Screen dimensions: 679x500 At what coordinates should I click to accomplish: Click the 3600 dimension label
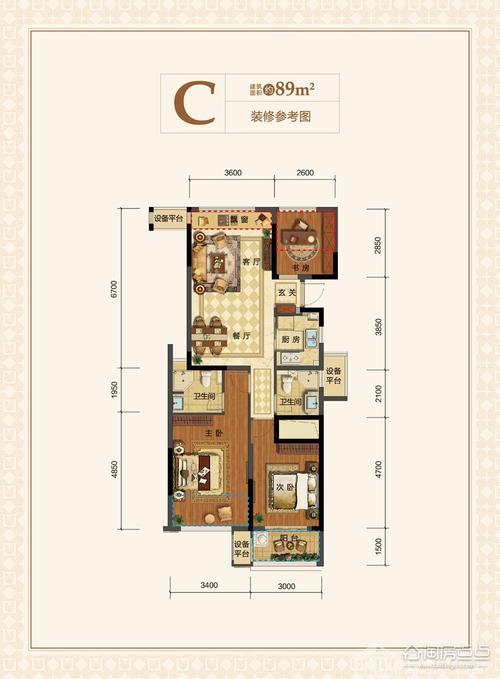(x=233, y=173)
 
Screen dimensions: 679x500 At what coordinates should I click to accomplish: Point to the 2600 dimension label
(x=305, y=173)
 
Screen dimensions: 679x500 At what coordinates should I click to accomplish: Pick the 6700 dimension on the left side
(x=117, y=291)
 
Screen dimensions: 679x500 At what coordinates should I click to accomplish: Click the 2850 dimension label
(x=379, y=247)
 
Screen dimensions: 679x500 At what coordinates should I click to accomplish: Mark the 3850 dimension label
(x=379, y=326)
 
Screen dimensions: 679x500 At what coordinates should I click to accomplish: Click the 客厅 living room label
(x=250, y=262)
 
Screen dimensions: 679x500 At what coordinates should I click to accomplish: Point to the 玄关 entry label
(x=286, y=293)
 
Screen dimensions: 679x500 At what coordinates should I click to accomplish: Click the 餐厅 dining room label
(x=241, y=336)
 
